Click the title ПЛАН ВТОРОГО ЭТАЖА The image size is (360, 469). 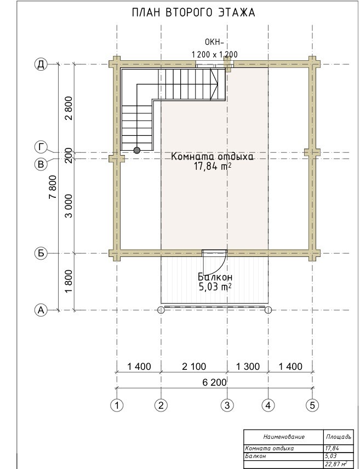click(x=193, y=13)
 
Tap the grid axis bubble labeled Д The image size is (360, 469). click(x=41, y=64)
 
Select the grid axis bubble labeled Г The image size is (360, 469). click(x=41, y=147)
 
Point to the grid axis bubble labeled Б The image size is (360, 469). click(x=41, y=253)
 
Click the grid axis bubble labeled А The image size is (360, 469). click(x=41, y=310)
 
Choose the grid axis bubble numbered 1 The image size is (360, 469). click(x=117, y=405)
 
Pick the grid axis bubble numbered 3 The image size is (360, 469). click(x=227, y=405)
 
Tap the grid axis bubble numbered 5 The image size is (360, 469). click(x=312, y=405)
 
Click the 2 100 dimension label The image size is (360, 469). click(x=194, y=367)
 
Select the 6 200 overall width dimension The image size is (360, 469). click(x=215, y=382)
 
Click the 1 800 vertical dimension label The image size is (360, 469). click(x=68, y=282)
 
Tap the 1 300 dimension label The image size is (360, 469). click(x=248, y=367)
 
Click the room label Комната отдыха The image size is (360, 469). click(x=212, y=157)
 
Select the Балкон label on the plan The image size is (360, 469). click(x=215, y=277)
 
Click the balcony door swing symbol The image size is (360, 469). click(x=214, y=260)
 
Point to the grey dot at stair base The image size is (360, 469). click(x=137, y=150)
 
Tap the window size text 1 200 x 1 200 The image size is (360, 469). click(x=215, y=54)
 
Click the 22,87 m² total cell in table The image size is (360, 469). click(x=336, y=465)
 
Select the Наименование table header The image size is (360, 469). click(x=284, y=437)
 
